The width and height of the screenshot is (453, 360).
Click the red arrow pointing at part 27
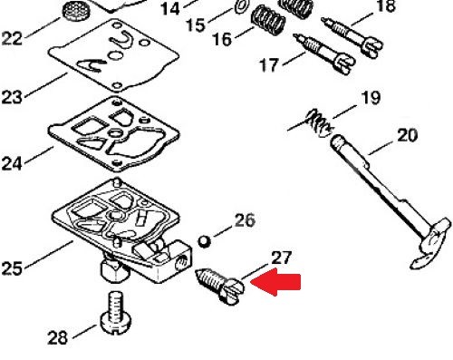pos(275,282)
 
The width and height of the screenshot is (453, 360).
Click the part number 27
pos(282,258)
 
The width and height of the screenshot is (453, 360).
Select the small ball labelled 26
pos(205,241)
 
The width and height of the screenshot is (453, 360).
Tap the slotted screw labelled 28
pos(116,313)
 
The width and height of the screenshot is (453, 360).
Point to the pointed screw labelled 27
pos(220,285)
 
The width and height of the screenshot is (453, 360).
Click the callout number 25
pos(12,268)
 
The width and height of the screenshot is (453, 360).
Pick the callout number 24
pos(12,164)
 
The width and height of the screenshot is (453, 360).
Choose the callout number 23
pos(12,97)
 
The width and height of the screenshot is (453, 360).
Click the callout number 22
pos(12,39)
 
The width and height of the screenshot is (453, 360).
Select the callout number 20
pos(407,135)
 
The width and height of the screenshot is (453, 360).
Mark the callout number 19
pos(371,98)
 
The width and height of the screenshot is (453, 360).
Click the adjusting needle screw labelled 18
pos(352,37)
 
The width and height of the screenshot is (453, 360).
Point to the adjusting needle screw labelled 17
pos(324,54)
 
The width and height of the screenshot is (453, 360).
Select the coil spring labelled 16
pos(268,20)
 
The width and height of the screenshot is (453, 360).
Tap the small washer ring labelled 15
pos(243,6)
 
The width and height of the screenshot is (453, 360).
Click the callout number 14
pos(170,9)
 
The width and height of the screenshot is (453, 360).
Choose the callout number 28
pos(57,337)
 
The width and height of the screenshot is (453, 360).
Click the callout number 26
pos(245,220)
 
